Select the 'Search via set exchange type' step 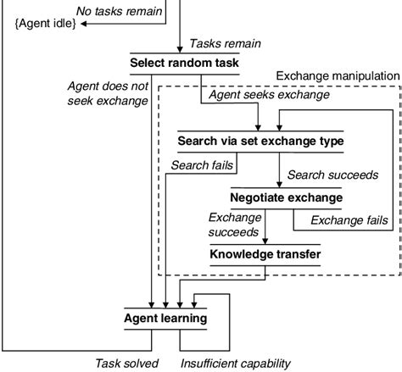tap(260, 140)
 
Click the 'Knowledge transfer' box tap(266, 253)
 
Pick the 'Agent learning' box tap(165, 319)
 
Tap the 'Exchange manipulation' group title tap(337, 76)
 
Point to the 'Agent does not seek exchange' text tap(108, 93)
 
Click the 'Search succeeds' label tap(332, 175)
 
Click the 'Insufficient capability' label tap(235, 364)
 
